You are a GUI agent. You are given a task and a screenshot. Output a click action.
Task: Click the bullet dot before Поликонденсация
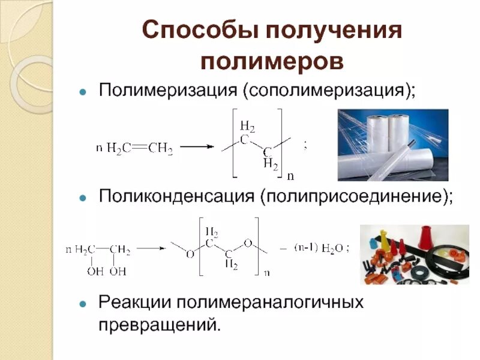(84, 197)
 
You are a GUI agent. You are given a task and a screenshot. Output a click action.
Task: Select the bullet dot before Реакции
(84, 301)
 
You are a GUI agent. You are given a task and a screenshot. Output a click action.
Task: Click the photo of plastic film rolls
(392, 145)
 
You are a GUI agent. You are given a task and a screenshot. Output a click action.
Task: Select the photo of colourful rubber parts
(414, 254)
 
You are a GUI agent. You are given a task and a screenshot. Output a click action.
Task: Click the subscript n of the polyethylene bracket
(290, 176)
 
